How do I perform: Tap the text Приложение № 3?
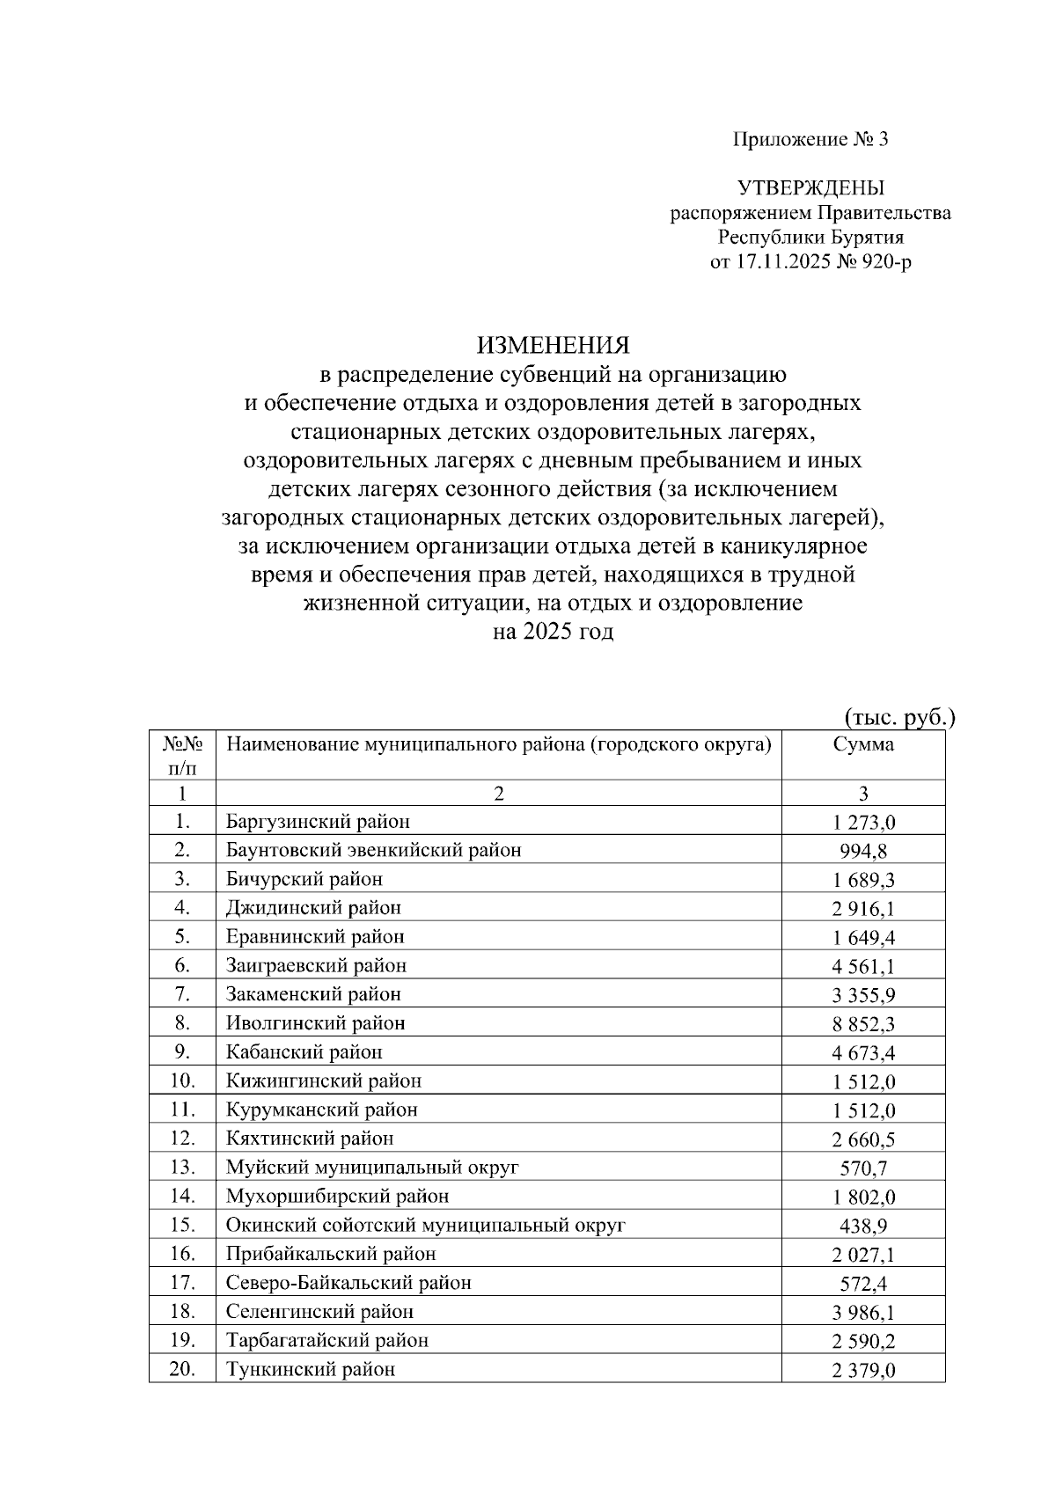[x=810, y=139]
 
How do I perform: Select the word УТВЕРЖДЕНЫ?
[x=810, y=187]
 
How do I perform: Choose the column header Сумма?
[x=863, y=744]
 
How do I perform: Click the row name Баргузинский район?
[x=318, y=822]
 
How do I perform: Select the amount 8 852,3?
[x=863, y=1024]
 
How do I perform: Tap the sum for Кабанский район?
[x=863, y=1053]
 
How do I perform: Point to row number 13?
[x=182, y=1168]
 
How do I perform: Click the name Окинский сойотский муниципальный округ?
[x=425, y=1225]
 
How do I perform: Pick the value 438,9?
[x=863, y=1227]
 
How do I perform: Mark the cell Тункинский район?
[x=311, y=1369]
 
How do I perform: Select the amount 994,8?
[x=863, y=852]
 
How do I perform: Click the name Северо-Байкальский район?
[x=348, y=1283]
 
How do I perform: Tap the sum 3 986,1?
[x=863, y=1313]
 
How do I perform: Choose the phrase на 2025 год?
[x=553, y=632]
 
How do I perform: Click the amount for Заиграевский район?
[x=863, y=967]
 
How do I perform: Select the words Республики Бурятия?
[x=810, y=238]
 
